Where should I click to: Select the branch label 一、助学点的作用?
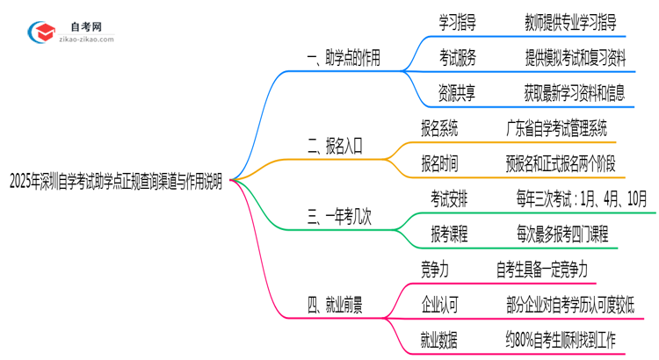click(x=344, y=59)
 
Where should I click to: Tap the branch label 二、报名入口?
click(x=336, y=147)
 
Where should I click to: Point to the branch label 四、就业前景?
click(x=336, y=305)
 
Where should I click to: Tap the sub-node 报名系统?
click(x=439, y=129)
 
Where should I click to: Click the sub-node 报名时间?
click(x=439, y=163)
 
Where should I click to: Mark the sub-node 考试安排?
click(x=448, y=199)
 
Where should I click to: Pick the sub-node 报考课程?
click(x=448, y=234)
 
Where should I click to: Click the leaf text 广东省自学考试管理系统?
click(x=557, y=129)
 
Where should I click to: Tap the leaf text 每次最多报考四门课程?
click(x=562, y=234)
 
